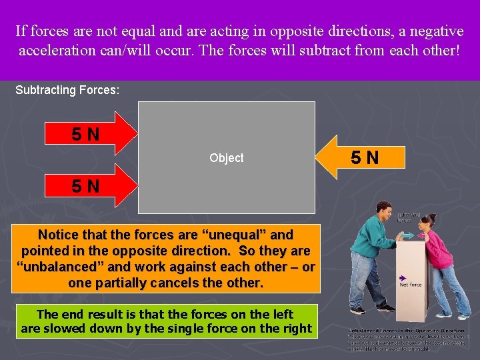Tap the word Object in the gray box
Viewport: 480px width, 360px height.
tap(226, 158)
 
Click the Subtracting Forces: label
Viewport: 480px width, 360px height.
tap(67, 89)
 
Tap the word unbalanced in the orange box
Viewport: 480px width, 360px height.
tap(53, 267)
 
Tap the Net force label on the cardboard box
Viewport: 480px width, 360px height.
tap(410, 285)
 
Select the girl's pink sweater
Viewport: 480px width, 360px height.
tap(439, 250)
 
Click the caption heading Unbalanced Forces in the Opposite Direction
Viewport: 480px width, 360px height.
tap(406, 330)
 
